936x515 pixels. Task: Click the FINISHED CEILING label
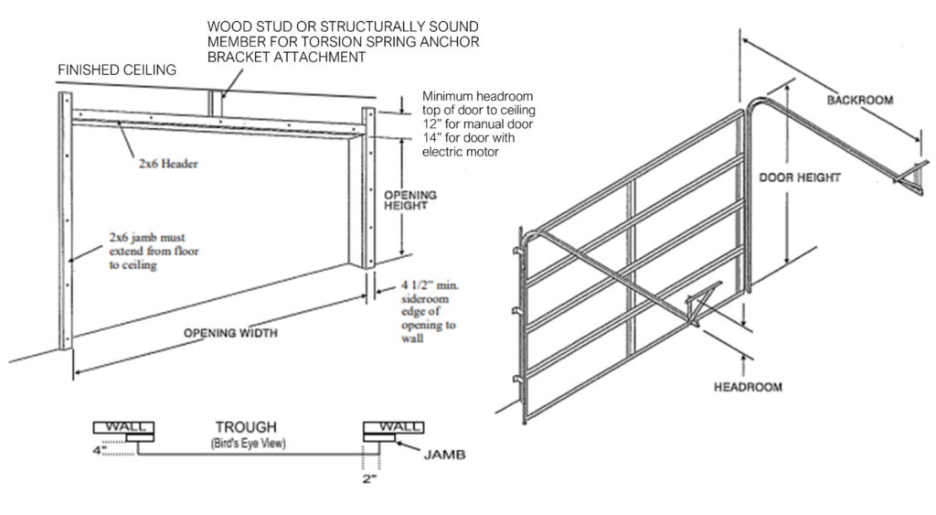coord(117,70)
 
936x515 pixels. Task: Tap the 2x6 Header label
coord(169,165)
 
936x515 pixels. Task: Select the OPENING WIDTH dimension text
coord(231,332)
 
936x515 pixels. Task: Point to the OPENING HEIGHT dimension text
coord(409,199)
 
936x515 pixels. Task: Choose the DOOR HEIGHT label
coord(800,178)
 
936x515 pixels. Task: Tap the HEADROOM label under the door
coord(747,387)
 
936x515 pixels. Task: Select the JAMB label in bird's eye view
coord(441,452)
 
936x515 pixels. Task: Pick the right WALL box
coord(393,427)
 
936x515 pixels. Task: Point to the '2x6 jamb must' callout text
coord(147,234)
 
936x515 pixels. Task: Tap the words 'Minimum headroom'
coord(478,96)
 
